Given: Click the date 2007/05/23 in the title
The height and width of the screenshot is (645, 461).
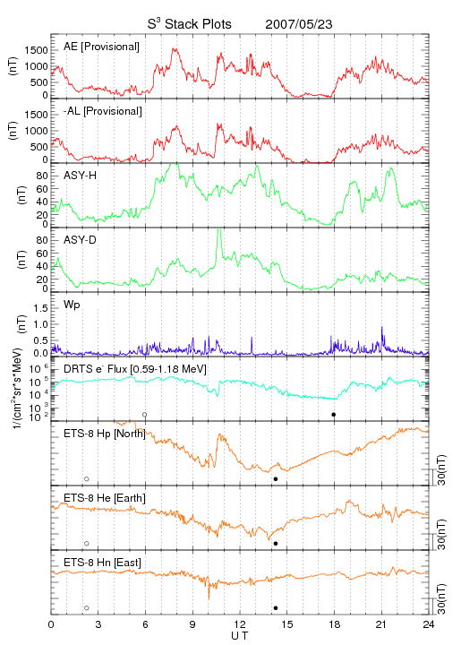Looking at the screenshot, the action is point(299,24).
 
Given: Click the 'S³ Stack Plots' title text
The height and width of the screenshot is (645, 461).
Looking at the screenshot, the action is point(190,24).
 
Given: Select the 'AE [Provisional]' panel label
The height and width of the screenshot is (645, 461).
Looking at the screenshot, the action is point(101,47).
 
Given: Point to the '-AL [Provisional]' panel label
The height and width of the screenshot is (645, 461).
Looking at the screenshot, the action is point(103,111).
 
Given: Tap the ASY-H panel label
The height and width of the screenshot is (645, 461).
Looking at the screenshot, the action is point(81,176).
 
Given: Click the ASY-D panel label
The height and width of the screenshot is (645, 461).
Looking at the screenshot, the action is point(81,240).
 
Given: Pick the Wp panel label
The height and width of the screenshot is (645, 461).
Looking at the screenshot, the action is point(72,305).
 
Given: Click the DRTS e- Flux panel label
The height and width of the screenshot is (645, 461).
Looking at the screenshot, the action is point(135,369).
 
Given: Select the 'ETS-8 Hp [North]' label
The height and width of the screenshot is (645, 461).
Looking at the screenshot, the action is point(105,434).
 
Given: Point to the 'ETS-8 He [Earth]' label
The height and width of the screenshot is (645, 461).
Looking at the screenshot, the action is point(105,498).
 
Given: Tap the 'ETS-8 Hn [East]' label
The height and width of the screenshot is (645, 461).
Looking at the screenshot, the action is point(102,563).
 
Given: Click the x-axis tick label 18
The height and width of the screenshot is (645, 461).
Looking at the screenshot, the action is point(335,624).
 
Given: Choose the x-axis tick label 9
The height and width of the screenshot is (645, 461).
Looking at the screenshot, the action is point(192,624).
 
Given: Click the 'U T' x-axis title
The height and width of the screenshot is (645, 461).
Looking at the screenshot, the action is point(240,636).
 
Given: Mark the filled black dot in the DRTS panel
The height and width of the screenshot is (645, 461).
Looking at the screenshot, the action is point(334,415).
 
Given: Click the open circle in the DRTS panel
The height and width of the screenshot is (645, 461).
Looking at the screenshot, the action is point(145,415).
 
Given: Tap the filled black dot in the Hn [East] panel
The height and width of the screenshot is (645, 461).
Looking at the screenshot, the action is point(276,608).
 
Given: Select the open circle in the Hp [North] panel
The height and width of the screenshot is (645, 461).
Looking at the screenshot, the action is point(87,479).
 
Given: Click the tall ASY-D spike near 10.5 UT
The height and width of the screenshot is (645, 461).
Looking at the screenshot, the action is point(219,242).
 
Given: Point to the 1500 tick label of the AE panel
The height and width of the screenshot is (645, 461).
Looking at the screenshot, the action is point(36,50).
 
